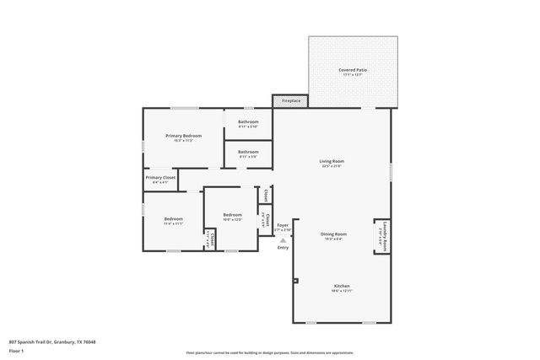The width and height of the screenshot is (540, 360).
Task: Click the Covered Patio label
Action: point(352,70)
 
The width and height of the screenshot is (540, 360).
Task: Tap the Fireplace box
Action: point(291,101)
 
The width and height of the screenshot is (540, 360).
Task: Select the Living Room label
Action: point(332,161)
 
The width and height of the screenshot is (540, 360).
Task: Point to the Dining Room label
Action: point(333,234)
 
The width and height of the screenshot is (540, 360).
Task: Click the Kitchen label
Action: point(341,286)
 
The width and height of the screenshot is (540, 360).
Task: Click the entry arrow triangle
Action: point(283,239)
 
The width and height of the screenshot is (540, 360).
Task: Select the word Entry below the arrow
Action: point(283,247)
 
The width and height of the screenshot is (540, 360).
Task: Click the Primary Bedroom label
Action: point(183,136)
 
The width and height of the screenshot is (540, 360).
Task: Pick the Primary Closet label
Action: point(160,178)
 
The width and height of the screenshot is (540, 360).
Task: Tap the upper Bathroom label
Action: point(248,122)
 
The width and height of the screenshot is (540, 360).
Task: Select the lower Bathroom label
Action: point(248,152)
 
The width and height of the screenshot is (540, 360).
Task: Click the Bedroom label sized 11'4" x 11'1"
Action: point(173,219)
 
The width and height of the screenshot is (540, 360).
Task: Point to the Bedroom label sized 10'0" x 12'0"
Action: point(232,215)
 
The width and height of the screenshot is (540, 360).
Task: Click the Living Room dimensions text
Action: point(332,166)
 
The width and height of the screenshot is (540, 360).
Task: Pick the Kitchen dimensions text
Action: point(341,291)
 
